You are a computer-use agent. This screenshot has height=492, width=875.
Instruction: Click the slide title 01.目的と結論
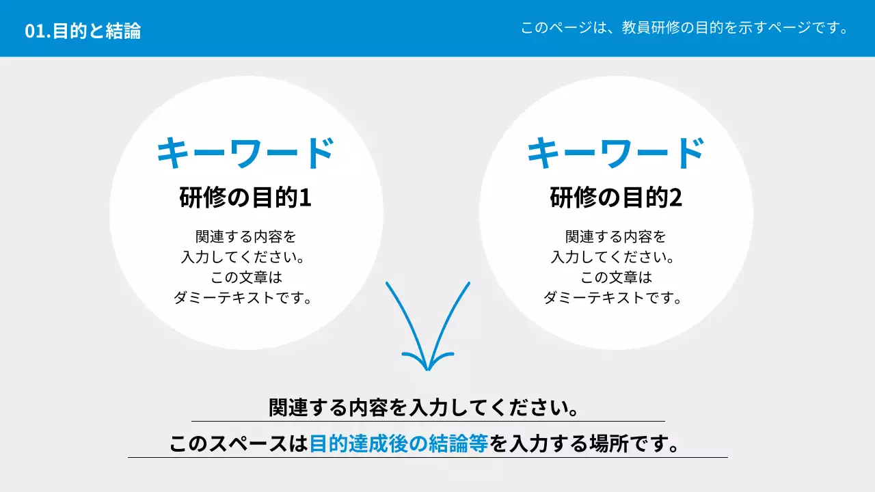83,31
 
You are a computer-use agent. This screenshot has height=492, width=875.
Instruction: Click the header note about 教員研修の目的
684,28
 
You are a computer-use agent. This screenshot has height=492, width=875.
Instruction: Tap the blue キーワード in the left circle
245,153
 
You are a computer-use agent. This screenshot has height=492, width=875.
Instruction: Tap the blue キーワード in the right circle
615,153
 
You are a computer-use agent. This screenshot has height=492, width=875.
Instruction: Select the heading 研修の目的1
245,198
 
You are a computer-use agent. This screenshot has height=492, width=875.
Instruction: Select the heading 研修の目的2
615,198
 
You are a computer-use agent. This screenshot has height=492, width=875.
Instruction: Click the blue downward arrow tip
427,366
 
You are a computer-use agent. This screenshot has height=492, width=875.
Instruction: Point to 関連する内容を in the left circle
246,237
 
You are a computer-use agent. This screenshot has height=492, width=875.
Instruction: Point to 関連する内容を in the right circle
616,237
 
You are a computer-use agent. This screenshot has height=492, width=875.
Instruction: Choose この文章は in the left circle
246,278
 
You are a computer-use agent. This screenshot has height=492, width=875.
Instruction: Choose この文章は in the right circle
616,278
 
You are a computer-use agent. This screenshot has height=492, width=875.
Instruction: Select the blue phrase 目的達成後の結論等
399,444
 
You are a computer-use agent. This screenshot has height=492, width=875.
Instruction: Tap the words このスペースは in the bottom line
239,444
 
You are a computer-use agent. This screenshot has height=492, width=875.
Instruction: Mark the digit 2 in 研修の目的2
675,198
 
